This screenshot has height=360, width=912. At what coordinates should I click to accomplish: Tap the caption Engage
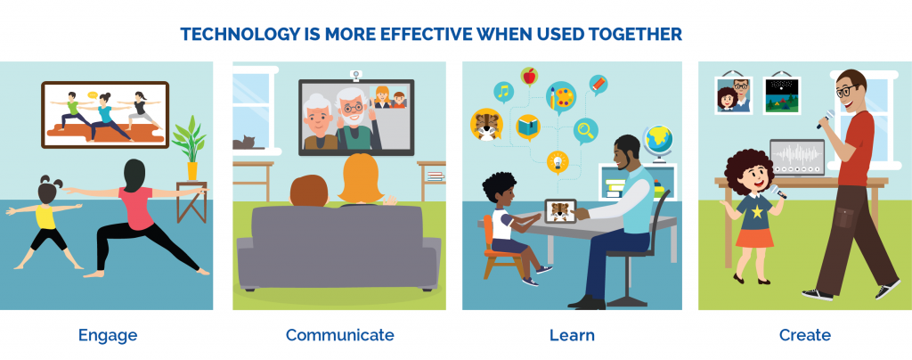[x=108, y=336]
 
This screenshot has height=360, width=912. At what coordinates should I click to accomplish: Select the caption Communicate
[x=339, y=335]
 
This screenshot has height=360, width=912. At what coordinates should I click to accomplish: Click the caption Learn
[x=573, y=335]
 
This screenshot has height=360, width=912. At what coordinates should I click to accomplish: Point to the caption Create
[x=805, y=335]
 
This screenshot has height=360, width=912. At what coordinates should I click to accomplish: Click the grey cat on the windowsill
[x=244, y=142]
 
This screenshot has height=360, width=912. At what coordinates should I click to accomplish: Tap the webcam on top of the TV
[x=355, y=75]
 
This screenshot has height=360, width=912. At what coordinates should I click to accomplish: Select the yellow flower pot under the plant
[x=192, y=171]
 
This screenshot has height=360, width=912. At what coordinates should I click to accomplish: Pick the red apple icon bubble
[x=529, y=77]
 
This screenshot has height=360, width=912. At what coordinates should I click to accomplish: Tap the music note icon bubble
[x=504, y=92]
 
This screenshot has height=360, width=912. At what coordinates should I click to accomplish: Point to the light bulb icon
[x=558, y=161]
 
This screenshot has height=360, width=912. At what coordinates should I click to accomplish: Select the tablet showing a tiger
[x=560, y=211]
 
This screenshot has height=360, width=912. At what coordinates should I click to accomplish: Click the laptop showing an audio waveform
[x=796, y=159]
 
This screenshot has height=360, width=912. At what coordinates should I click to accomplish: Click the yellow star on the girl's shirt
[x=757, y=212]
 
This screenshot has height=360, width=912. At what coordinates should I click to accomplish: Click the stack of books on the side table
[x=435, y=176]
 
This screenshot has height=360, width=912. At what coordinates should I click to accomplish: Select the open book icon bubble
[x=528, y=127]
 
